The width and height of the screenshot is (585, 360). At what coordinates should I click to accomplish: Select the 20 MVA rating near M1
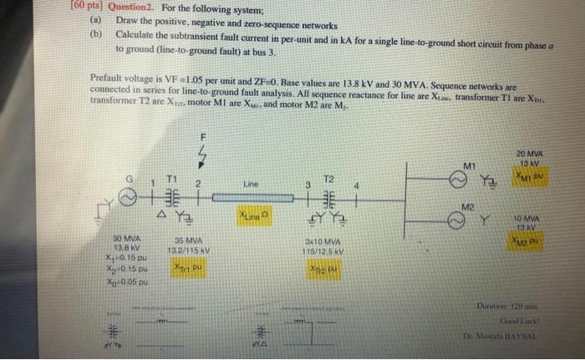[528, 155]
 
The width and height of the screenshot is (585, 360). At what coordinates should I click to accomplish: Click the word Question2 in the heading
[53, 5]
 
